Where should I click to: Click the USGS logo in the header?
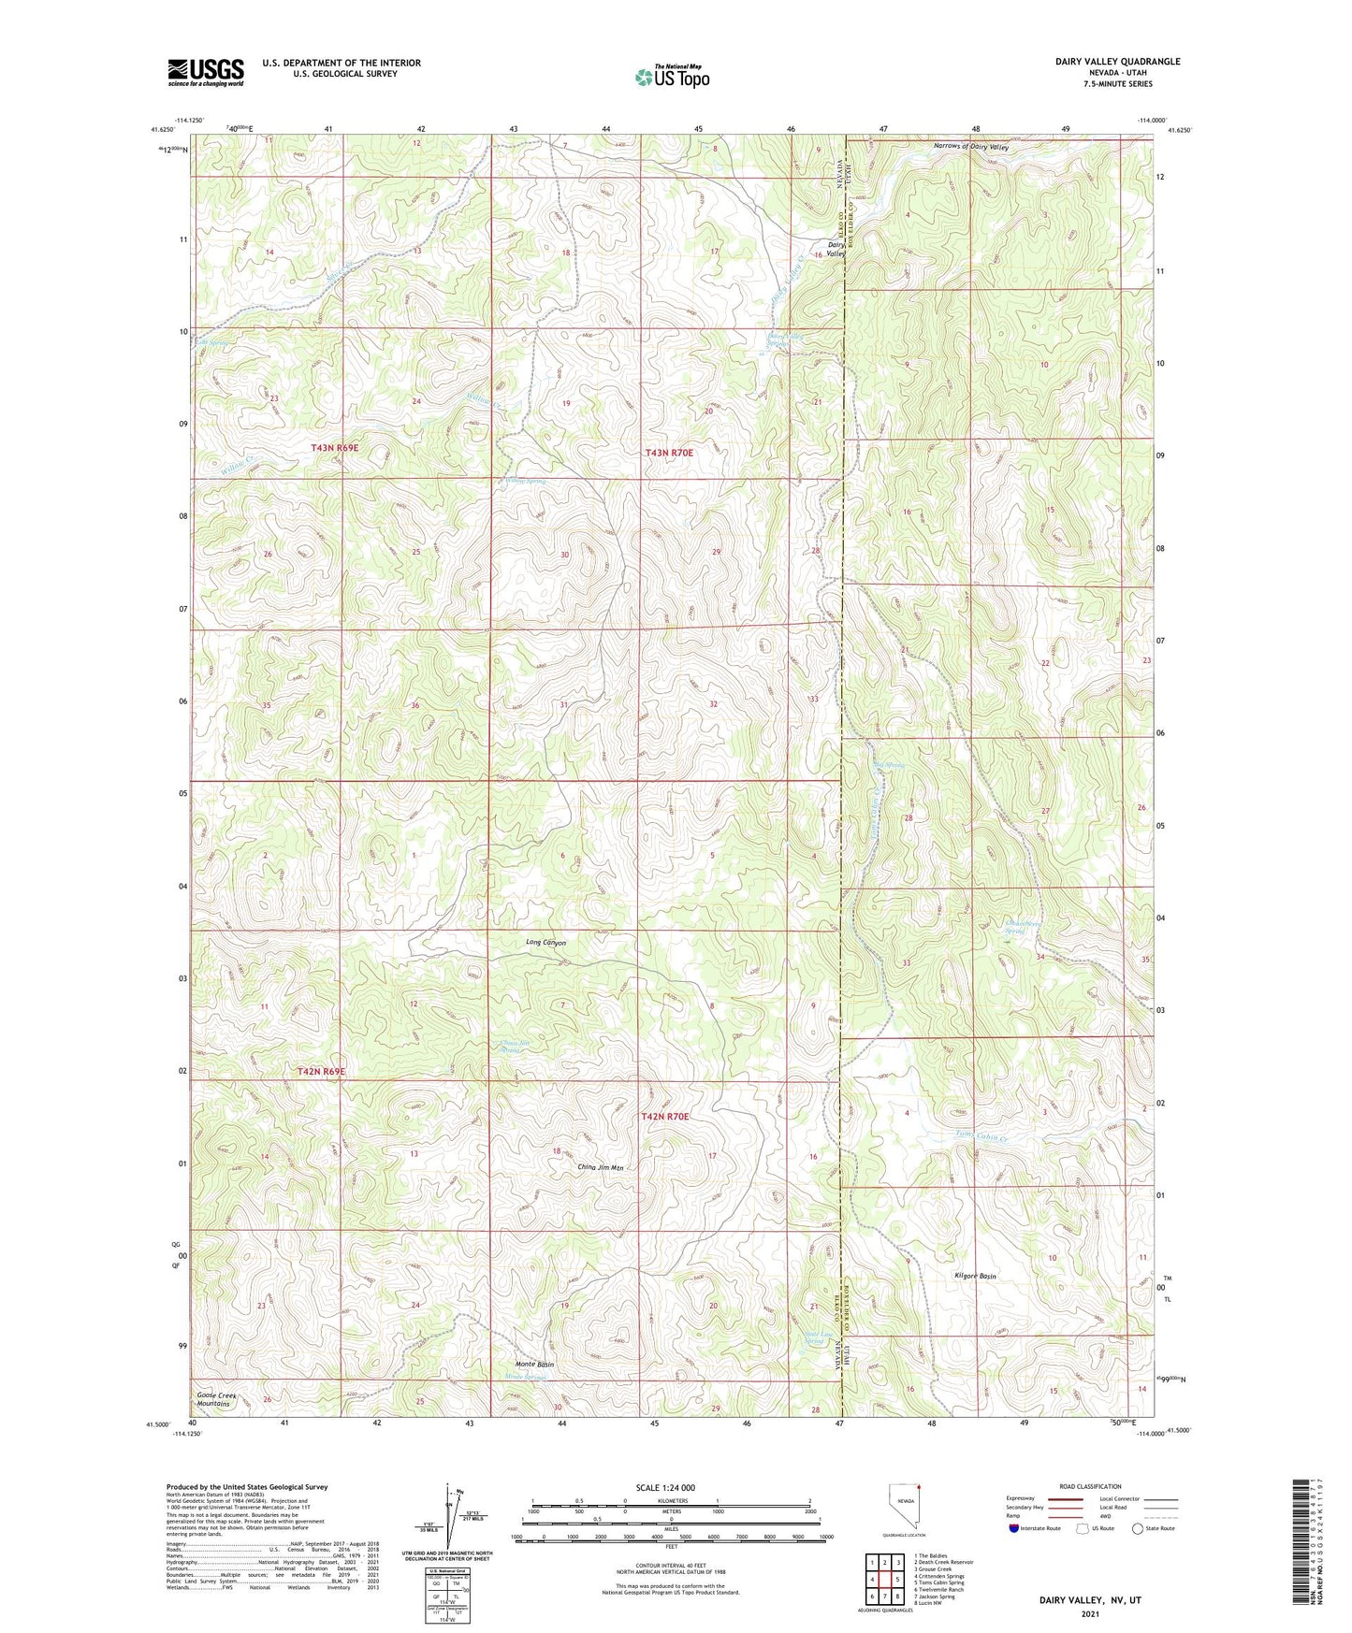206,72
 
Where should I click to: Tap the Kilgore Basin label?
974,1276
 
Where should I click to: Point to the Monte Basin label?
533,1365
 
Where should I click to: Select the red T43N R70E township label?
669,453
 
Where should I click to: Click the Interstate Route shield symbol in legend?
1014,1528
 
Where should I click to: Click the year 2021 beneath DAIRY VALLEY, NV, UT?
1090,1614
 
